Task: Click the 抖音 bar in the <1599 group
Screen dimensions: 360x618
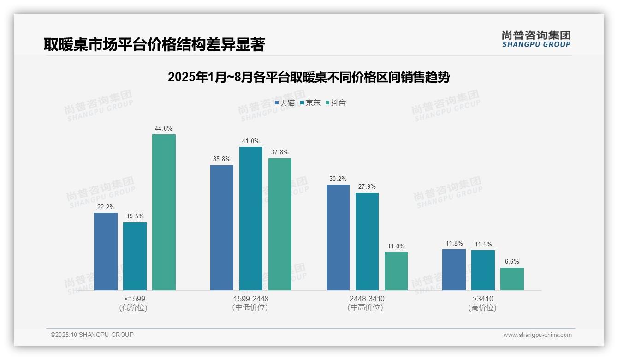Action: (x=164, y=212)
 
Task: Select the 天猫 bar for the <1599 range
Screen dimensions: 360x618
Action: (x=106, y=252)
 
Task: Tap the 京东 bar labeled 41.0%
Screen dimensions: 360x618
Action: (x=250, y=218)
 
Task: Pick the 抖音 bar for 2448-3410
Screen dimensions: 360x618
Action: (x=396, y=271)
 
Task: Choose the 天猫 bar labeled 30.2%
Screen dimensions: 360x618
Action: (x=338, y=237)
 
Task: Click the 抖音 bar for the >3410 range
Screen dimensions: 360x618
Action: (x=512, y=279)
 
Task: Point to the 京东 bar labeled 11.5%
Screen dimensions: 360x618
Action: (x=483, y=270)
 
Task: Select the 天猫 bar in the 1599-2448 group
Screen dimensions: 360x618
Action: (x=222, y=228)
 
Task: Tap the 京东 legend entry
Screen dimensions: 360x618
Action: (x=310, y=103)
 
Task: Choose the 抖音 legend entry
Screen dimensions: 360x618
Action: (x=336, y=103)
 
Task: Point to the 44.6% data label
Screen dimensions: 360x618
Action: (x=164, y=129)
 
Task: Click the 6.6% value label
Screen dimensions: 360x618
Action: (x=512, y=262)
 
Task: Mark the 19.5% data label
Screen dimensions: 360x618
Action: (x=135, y=216)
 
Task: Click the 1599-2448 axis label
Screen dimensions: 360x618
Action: (x=250, y=299)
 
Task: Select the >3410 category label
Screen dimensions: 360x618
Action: (x=483, y=299)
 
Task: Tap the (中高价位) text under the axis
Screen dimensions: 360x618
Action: (x=367, y=307)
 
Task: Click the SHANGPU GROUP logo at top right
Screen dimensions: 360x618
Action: (x=536, y=39)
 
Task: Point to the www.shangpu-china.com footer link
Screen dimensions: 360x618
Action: (x=537, y=335)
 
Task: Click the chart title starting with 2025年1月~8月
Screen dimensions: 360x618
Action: (x=309, y=77)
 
